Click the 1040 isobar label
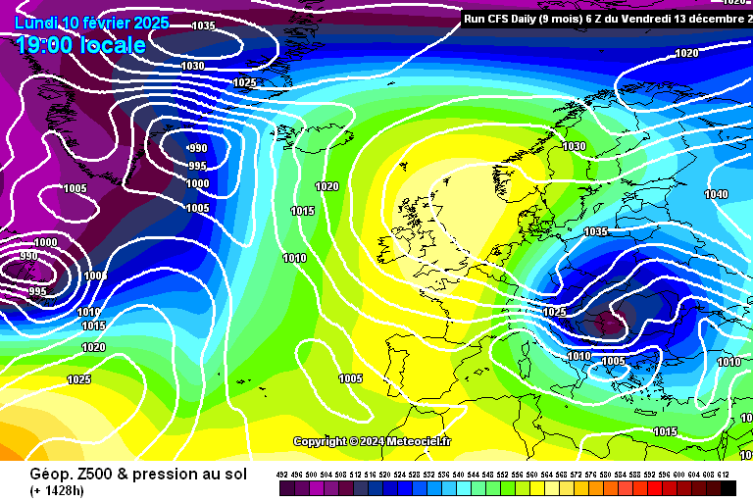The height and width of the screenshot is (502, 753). point(717,194)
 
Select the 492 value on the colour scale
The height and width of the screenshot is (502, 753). point(283,475)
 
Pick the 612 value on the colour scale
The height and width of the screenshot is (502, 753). point(724,475)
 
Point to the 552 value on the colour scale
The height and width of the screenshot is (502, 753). point(503,475)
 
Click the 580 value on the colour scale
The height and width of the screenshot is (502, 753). point(606,475)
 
